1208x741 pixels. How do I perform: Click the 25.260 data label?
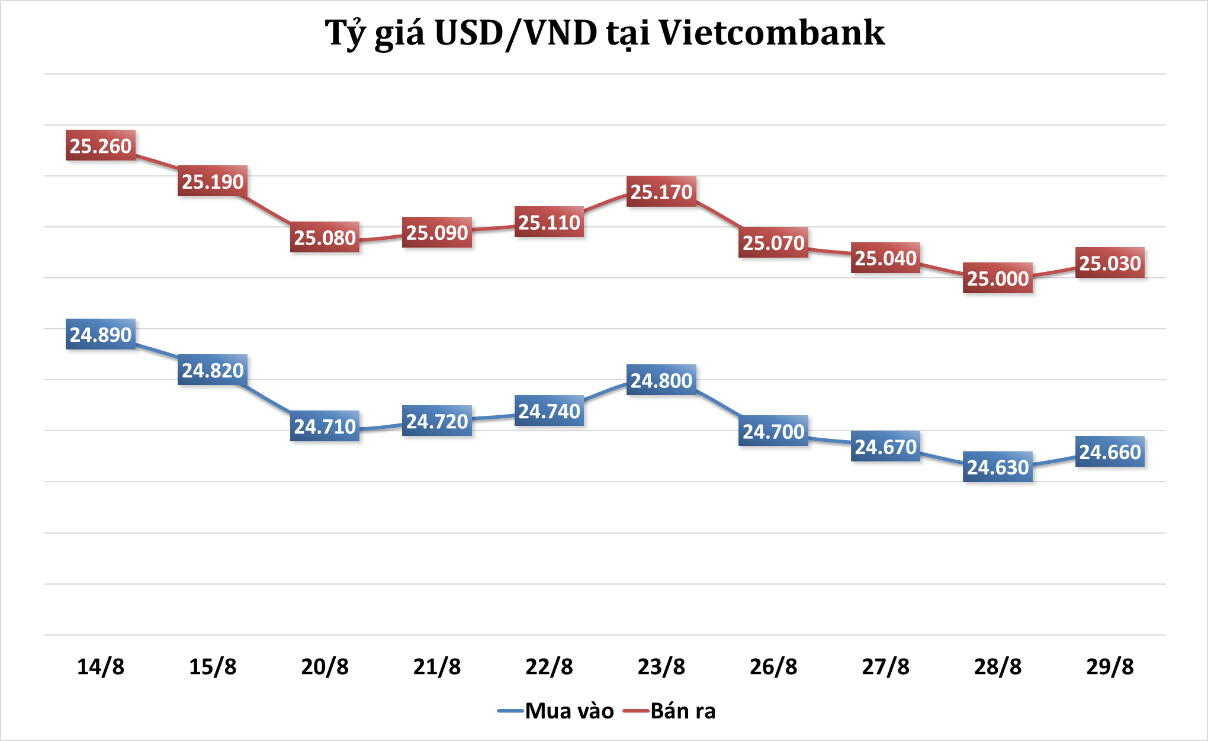point(101,146)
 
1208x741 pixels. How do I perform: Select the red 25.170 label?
point(661,192)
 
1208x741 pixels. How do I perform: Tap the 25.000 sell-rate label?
point(998,278)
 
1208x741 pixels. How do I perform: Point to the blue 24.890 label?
point(101,335)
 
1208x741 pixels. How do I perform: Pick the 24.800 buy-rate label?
point(661,380)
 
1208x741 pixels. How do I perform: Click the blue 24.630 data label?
point(998,467)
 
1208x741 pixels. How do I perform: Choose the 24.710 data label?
point(325,426)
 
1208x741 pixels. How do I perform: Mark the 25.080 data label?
point(325,238)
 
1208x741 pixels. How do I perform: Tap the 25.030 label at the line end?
point(1110,263)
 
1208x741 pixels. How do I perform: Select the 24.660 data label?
point(1110,452)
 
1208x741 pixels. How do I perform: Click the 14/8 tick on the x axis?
point(101,667)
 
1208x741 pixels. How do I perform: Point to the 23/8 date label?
point(661,667)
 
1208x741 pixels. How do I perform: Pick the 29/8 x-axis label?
point(1110,667)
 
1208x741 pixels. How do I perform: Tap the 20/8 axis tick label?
point(325,667)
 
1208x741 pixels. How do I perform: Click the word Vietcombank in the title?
point(772,33)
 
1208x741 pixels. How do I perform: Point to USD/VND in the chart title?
point(516,33)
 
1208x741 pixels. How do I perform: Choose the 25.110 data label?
point(549,222)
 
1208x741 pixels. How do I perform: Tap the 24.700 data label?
point(773,432)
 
